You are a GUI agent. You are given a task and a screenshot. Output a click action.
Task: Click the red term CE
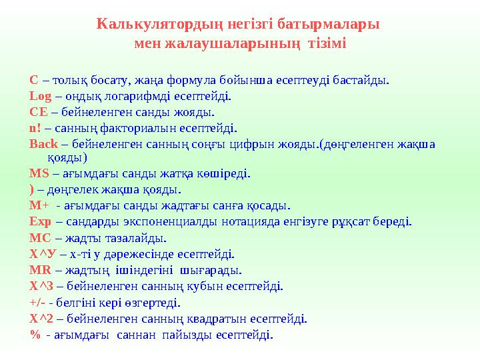click(x=37, y=112)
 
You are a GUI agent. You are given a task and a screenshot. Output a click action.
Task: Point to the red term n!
click(x=35, y=128)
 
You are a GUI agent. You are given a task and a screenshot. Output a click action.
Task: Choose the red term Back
click(x=42, y=143)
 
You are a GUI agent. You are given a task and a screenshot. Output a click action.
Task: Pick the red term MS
click(x=39, y=175)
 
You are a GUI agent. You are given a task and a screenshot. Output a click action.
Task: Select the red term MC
click(x=39, y=238)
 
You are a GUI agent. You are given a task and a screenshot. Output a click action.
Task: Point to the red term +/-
click(x=37, y=302)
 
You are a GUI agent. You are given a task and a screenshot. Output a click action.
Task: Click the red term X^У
click(x=42, y=254)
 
